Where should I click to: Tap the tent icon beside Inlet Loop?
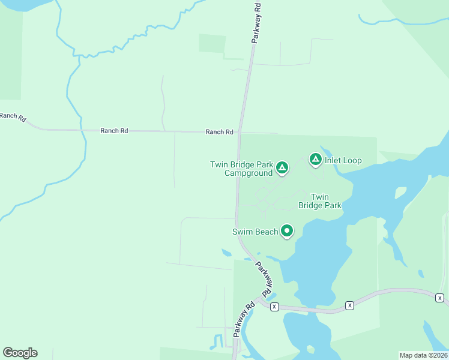pos(315,159)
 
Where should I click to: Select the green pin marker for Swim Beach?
pos(287,230)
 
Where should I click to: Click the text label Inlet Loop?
pos(343,161)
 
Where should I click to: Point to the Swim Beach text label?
pos(255,232)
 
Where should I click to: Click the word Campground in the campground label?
pos(249,173)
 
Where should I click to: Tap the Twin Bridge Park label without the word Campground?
pos(320,201)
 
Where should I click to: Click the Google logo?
pos(20,353)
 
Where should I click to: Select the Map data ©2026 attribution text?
pos(423,355)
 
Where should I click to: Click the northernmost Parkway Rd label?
pos(256,22)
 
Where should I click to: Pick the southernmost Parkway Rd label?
pos(244,318)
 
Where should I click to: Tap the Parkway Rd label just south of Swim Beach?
pos(264,278)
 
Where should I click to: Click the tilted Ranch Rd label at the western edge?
pos(13,116)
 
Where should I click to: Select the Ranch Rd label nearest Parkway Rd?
pos(219,132)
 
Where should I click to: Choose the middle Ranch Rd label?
pos(114,130)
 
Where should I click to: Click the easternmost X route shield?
pos(439,298)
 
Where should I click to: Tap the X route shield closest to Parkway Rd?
pos(274,307)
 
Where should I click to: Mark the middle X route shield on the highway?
pos(349,306)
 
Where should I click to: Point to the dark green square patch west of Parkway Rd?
pos(212,44)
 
